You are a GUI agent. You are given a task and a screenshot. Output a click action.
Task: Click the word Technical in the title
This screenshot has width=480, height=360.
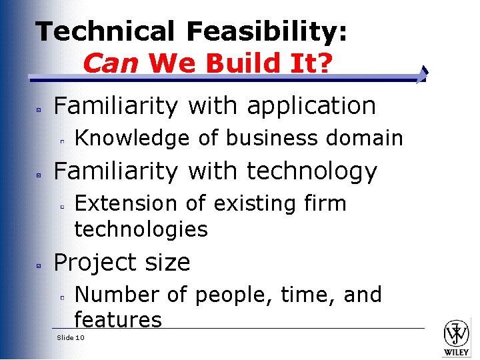pos(105,31)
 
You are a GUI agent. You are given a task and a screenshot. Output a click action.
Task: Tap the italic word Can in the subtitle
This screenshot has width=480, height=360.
pos(111,63)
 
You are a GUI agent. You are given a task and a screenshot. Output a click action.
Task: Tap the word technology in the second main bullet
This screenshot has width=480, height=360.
pos(311,171)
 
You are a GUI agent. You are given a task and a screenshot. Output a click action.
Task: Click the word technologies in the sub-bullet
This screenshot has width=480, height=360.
pos(141,229)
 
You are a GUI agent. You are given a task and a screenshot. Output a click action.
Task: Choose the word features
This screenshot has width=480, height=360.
pos(118,320)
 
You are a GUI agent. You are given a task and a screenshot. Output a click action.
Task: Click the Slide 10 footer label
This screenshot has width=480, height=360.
pos(71,338)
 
